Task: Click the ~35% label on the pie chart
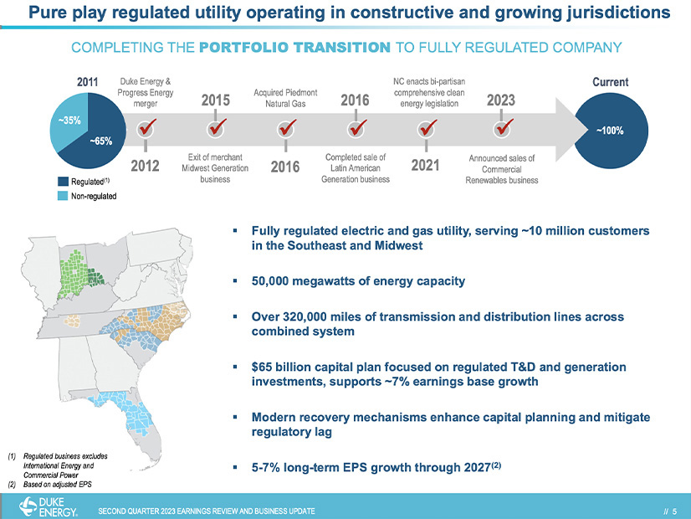pos(70,120)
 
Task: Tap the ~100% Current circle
pos(610,130)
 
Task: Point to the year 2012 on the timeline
pos(146,166)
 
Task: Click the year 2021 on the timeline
pos(427,166)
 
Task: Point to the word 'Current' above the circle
pos(610,82)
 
